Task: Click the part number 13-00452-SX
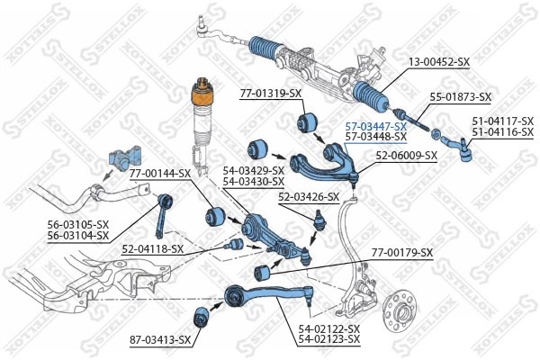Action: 439,62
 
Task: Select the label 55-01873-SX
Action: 460,96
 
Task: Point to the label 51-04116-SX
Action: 503,131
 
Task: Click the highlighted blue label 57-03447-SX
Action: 376,127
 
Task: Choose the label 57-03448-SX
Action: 376,138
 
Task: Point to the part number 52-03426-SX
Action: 308,196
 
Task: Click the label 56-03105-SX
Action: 78,225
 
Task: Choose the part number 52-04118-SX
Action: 153,248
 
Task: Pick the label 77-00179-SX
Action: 402,252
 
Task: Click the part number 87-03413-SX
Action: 160,339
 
